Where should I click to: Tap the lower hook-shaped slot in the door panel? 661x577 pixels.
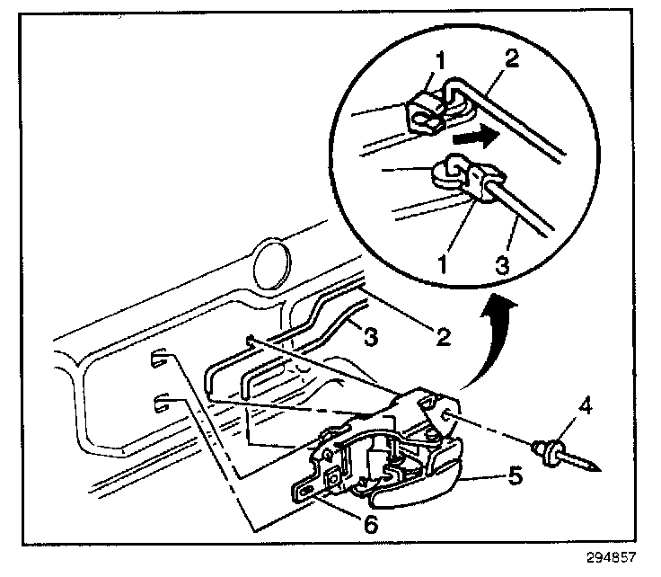[x=161, y=400]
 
